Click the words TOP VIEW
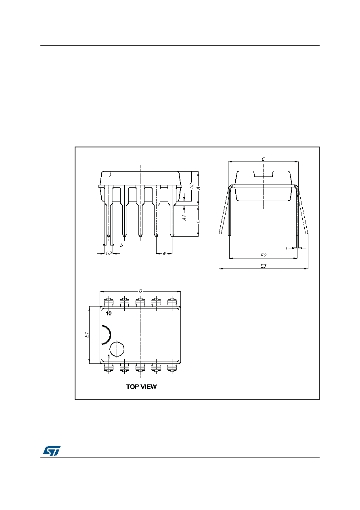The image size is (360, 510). pyautogui.click(x=142, y=387)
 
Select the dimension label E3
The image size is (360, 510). pyautogui.click(x=263, y=266)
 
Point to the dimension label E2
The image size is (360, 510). pyautogui.click(x=263, y=256)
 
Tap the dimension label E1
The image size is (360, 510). pyautogui.click(x=86, y=335)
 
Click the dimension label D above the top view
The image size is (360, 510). pyautogui.click(x=140, y=292)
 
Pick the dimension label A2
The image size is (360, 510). pyautogui.click(x=192, y=186)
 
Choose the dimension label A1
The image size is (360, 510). pyautogui.click(x=185, y=218)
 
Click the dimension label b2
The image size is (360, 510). pyautogui.click(x=109, y=254)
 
